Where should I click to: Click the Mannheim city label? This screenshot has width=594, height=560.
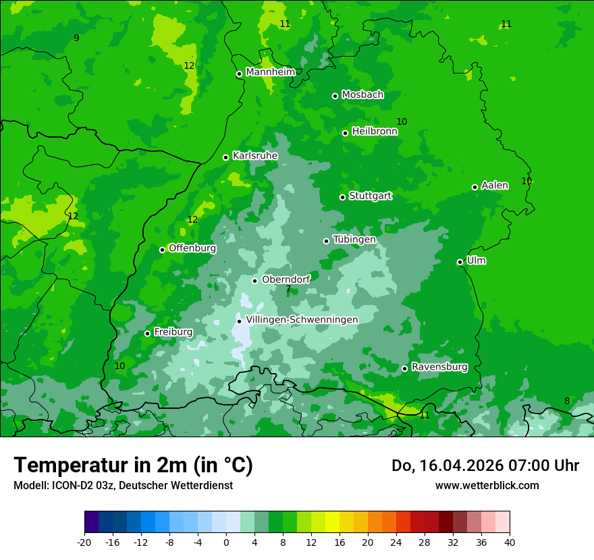270,72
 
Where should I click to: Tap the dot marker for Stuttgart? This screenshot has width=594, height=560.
342,197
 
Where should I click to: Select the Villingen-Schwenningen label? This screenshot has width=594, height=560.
302,320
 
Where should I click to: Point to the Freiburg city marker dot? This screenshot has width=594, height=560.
147,333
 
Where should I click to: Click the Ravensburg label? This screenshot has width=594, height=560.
439,368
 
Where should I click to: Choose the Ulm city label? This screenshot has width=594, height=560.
476,260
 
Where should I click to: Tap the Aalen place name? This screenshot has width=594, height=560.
495,186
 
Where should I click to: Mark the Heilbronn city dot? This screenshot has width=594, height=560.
345,133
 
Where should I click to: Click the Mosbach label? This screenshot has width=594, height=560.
362,95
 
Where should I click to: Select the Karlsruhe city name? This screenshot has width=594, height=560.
255,156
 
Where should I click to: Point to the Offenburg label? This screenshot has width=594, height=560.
192,248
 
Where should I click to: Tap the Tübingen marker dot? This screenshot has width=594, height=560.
326,241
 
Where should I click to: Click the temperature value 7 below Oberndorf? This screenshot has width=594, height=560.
288,289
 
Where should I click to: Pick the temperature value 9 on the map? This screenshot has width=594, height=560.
76,38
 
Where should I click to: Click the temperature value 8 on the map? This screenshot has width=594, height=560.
567,401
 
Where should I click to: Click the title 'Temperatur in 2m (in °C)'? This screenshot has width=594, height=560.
133,466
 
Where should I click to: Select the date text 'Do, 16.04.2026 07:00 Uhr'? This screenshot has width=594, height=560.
485,466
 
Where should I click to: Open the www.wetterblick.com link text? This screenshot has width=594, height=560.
487,486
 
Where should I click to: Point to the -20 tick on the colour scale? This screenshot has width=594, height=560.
84,542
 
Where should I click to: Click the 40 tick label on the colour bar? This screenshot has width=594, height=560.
510,542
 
